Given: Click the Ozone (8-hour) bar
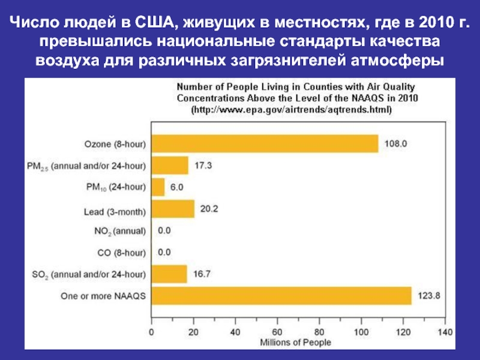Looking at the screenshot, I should click(x=265, y=144).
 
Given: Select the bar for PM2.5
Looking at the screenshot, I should click(x=170, y=165).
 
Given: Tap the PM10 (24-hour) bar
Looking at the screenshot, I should click(x=158, y=187).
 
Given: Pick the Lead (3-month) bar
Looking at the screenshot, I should click(x=173, y=209).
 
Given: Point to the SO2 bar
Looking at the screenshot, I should click(x=169, y=274).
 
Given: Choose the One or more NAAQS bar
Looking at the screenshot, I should click(x=281, y=296).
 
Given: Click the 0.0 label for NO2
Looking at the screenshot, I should click(x=164, y=230).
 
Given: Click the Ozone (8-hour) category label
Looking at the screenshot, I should click(x=115, y=144).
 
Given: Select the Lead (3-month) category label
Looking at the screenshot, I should click(x=114, y=210).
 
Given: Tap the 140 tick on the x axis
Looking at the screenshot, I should click(x=445, y=331).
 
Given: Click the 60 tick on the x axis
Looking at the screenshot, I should click(x=277, y=331).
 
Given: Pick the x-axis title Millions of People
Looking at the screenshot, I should click(x=295, y=342).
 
